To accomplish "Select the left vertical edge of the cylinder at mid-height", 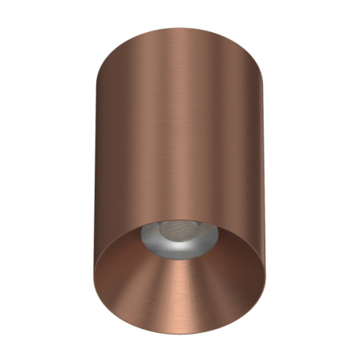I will (94, 160).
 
